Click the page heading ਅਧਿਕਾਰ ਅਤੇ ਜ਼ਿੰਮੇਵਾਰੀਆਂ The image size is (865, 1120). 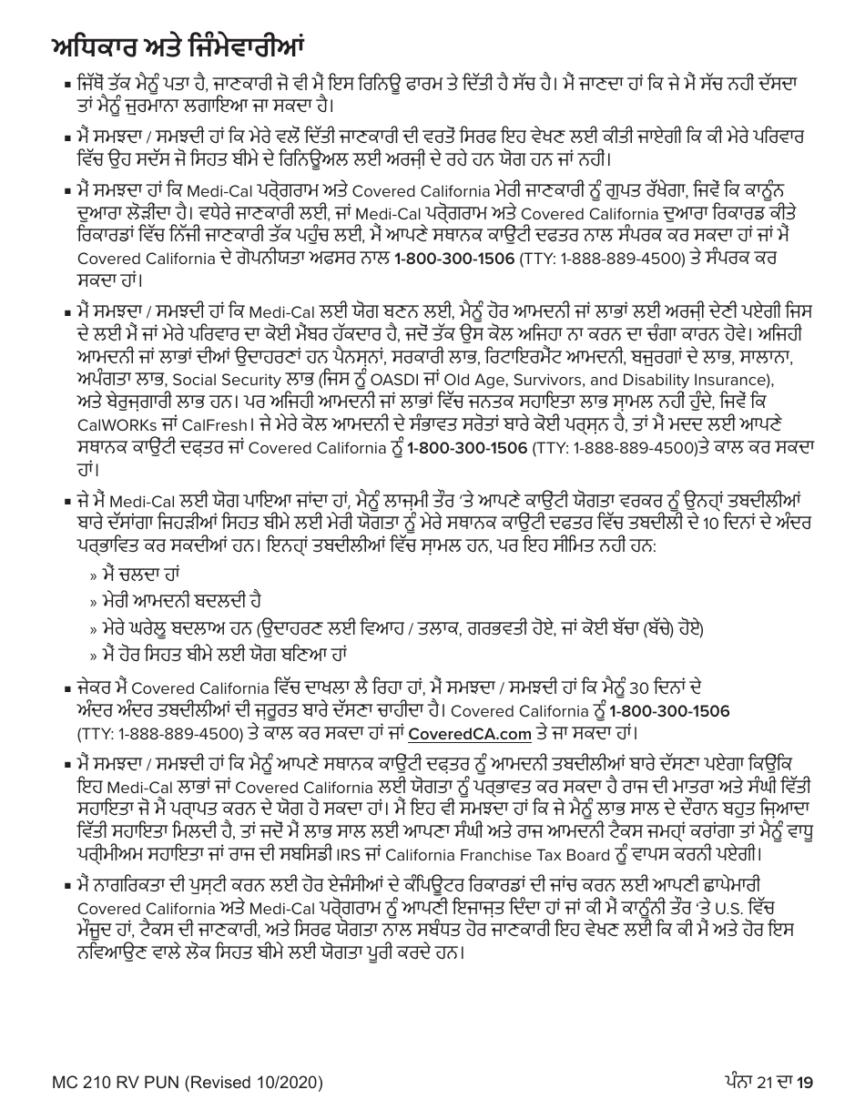pos(177,43)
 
